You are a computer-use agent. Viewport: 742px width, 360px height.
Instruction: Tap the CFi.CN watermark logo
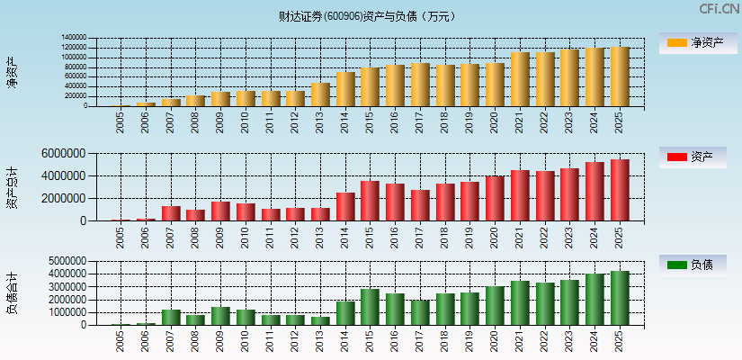click(719, 9)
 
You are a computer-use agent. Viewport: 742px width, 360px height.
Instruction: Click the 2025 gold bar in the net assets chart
click(620, 76)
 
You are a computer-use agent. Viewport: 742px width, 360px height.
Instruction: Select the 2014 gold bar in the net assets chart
click(345, 89)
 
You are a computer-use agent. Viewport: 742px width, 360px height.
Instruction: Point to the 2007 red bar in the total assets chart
click(171, 213)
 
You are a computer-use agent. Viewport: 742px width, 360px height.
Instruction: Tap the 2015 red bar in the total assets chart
click(371, 201)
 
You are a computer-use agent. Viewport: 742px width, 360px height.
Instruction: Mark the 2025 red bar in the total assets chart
click(620, 190)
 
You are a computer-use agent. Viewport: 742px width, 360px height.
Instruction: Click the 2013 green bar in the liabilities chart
click(320, 320)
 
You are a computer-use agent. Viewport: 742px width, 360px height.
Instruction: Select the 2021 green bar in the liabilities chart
click(520, 303)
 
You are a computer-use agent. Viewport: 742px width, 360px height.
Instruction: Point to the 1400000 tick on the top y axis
click(74, 38)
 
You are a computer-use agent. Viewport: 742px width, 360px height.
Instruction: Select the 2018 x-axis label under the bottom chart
click(445, 340)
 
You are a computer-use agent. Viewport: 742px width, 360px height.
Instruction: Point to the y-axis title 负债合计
click(12, 292)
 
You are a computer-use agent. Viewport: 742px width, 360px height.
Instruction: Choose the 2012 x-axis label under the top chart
click(295, 121)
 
